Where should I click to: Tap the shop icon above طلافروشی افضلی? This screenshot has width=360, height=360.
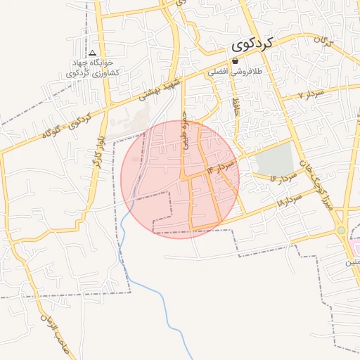click(x=234, y=61)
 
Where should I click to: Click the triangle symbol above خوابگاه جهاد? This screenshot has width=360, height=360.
click(x=93, y=53)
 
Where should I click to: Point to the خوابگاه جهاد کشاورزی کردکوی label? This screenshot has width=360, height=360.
click(x=93, y=68)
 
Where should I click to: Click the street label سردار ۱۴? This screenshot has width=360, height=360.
click(x=219, y=167)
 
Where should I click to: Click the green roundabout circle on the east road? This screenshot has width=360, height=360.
click(x=342, y=230)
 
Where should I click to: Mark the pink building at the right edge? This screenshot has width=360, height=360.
click(x=356, y=247)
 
